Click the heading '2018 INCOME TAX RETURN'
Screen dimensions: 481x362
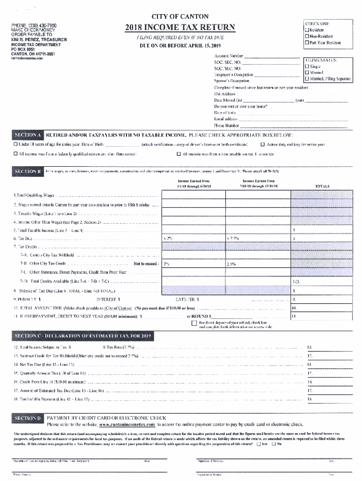coord(180,28)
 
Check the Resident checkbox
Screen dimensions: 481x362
coord(307,30)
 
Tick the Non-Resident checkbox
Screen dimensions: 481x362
coord(307,36)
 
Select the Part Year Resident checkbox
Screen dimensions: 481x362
coord(307,43)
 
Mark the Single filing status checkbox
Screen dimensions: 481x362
coord(307,67)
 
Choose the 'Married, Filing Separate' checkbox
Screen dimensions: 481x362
coord(307,79)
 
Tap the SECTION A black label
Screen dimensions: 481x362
coord(28,134)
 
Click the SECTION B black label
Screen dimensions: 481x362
coord(28,171)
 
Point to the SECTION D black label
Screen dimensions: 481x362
coord(28,418)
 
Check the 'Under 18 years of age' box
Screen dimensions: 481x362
coord(16,145)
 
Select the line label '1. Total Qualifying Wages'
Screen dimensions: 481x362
coord(33,195)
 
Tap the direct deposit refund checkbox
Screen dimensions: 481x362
coord(194,323)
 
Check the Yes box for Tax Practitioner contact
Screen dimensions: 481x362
coord(259,444)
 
